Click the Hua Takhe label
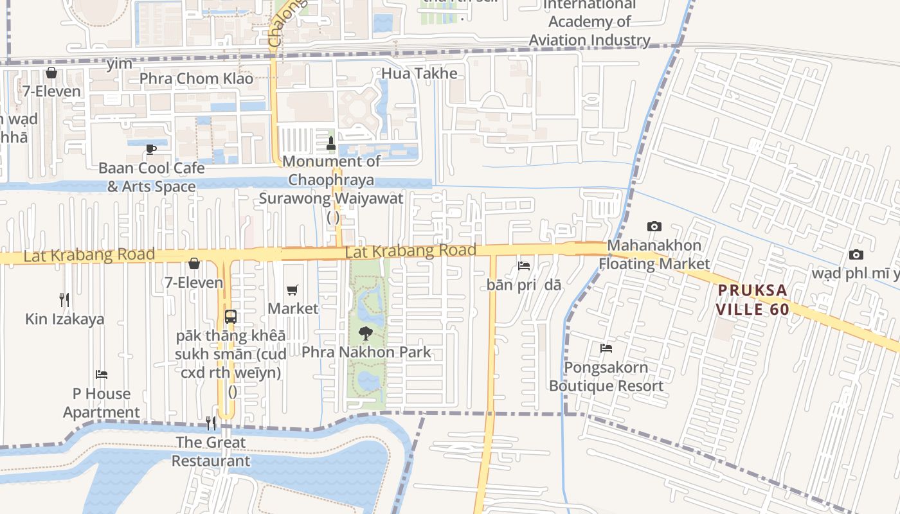419,73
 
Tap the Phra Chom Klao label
197,79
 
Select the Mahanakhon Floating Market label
654,254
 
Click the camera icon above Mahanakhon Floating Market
654,226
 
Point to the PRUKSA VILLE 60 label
753,299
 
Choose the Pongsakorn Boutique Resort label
606,377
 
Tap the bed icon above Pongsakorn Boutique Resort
606,348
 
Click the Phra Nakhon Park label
366,352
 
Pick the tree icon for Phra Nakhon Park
365,333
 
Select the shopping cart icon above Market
292,290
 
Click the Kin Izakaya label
64,319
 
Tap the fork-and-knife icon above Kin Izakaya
64,299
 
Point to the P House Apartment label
101,403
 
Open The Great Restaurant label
211,451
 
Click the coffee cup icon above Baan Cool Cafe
151,149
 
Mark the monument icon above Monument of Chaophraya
332,143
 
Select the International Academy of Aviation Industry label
589,22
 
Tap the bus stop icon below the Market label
231,317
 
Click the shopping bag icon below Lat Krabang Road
194,263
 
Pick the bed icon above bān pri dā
524,265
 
